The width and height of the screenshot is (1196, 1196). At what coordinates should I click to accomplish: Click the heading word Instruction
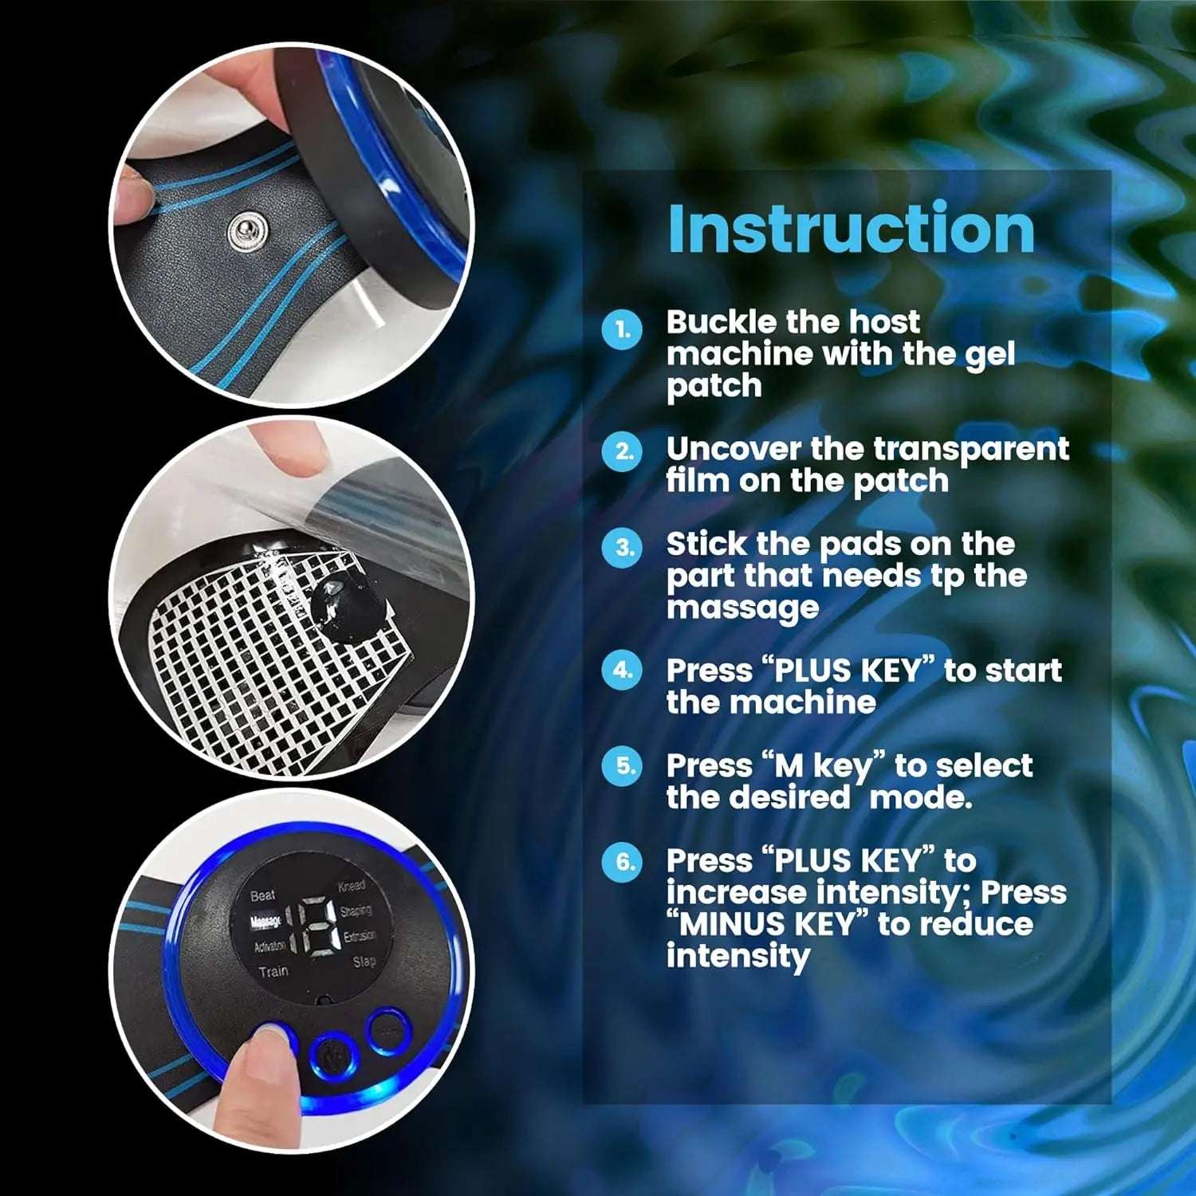pyautogui.click(x=851, y=229)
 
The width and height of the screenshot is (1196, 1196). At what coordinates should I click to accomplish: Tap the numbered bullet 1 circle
pyautogui.click(x=622, y=329)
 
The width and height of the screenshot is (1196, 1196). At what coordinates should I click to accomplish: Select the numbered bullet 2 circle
pyautogui.click(x=622, y=452)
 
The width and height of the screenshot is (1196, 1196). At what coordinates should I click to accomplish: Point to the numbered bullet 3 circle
pyautogui.click(x=622, y=548)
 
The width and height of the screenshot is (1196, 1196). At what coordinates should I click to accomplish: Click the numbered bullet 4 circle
pyautogui.click(x=622, y=671)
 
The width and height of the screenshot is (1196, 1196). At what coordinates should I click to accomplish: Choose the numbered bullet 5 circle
pyautogui.click(x=622, y=766)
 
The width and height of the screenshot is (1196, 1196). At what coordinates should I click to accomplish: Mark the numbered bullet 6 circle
pyautogui.click(x=622, y=862)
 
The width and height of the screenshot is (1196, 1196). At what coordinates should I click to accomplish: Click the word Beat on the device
pyautogui.click(x=262, y=895)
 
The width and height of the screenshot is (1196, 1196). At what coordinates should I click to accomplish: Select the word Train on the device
pyautogui.click(x=273, y=971)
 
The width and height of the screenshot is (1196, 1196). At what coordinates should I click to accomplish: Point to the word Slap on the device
pyautogui.click(x=364, y=962)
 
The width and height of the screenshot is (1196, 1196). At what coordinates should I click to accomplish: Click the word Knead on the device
pyautogui.click(x=352, y=886)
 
